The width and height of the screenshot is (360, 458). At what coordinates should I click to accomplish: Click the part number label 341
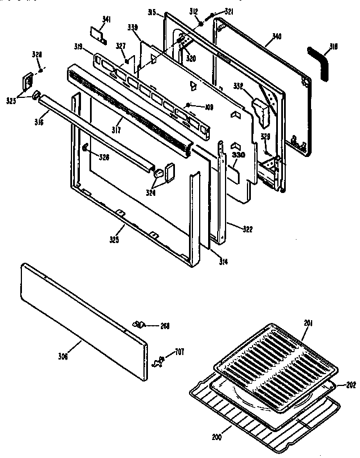(106, 21)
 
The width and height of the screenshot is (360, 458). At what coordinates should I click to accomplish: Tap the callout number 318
(334, 48)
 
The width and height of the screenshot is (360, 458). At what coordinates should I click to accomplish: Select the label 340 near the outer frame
(276, 37)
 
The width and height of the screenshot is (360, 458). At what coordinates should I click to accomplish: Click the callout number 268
(164, 326)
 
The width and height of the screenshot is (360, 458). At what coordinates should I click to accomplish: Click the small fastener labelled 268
(139, 325)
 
